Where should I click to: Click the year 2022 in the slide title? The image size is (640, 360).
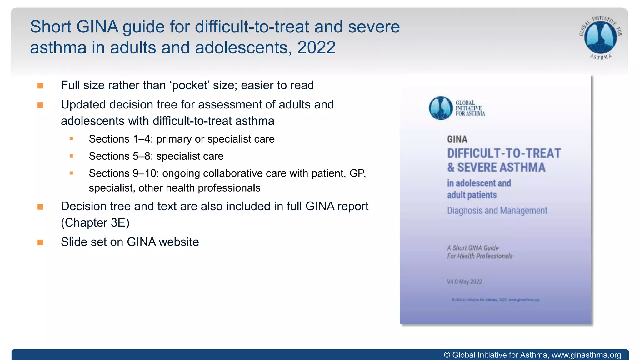(316, 47)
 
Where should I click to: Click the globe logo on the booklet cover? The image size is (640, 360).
(441, 108)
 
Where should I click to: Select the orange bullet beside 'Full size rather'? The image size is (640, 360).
(40, 86)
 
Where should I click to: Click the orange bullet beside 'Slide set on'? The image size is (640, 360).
(40, 242)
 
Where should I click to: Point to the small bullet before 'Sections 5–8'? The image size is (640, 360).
(71, 156)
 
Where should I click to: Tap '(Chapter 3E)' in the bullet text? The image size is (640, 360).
(95, 222)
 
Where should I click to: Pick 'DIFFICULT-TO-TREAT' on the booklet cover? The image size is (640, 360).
(504, 153)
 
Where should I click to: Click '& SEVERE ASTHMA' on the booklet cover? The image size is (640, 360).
(496, 167)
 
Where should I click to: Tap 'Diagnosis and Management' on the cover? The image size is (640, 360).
(497, 211)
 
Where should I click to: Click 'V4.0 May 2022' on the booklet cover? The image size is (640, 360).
(464, 282)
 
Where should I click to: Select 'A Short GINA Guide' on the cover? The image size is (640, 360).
(472, 248)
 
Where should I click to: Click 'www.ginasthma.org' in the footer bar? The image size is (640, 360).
(586, 355)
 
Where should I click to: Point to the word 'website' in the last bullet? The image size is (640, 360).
(179, 242)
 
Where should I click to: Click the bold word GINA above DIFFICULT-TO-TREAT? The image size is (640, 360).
(457, 139)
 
